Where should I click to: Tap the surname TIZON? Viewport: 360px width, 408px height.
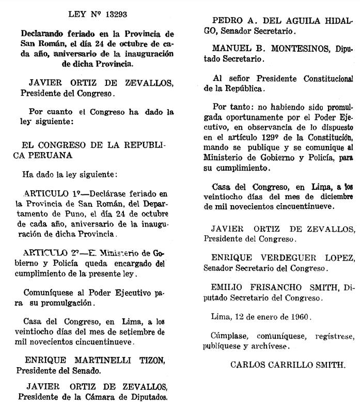[x=149, y=360]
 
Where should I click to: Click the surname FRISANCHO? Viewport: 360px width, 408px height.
[x=273, y=286]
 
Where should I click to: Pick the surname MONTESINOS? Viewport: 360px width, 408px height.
[x=292, y=50]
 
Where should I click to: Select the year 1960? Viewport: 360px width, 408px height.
[x=299, y=315]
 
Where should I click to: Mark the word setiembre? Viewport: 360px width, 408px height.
[x=135, y=331]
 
